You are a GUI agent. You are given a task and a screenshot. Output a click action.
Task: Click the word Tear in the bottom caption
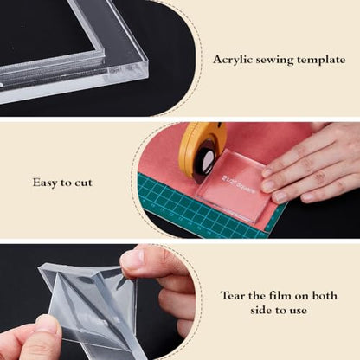point(232,296)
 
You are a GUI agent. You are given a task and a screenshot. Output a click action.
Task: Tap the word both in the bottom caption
point(325,295)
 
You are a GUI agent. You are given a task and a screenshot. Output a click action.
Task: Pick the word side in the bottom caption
point(261,310)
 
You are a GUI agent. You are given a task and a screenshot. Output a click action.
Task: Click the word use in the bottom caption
point(298,311)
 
